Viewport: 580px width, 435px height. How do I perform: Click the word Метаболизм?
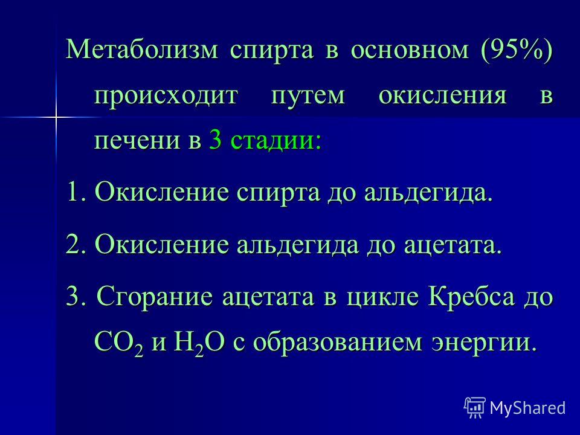pos(142,49)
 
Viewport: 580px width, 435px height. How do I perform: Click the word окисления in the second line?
pos(442,95)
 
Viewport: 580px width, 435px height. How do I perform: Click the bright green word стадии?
pos(273,141)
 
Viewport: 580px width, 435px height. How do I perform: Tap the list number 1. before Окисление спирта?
pos(77,192)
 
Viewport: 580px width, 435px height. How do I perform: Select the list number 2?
pos(77,244)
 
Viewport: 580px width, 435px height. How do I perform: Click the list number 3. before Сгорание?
pos(77,296)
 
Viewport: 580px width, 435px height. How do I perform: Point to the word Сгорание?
pos(155,297)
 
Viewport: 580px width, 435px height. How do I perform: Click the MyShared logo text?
pos(527,408)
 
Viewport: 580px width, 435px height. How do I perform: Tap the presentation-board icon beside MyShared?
pos(475,408)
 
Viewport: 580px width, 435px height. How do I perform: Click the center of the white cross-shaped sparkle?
pos(56,118)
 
